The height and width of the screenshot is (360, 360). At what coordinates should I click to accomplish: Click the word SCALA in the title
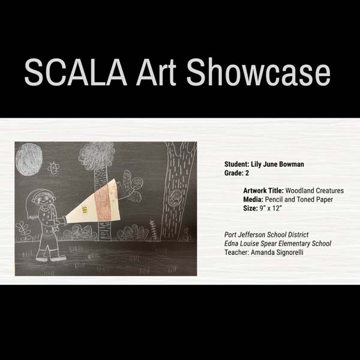coord(76,72)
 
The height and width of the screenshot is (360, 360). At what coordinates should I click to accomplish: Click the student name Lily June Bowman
coord(277,164)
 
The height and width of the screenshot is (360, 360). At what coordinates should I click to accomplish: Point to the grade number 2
coord(247,173)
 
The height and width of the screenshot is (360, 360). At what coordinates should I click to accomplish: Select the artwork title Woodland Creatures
coord(314,191)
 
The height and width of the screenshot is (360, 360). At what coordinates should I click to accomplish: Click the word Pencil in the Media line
coord(274,200)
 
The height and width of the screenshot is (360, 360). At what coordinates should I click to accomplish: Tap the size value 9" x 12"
coord(271,208)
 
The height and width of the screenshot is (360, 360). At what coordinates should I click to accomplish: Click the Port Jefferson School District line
coord(266,235)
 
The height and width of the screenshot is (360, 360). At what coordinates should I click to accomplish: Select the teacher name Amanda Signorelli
coord(277,253)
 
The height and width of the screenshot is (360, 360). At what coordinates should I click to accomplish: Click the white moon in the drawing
coord(29,160)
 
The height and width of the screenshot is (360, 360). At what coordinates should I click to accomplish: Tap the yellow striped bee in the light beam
coord(85,210)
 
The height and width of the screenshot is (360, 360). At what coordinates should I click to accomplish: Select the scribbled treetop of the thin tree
coord(97,155)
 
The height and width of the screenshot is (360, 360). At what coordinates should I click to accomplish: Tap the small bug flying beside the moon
coord(53,169)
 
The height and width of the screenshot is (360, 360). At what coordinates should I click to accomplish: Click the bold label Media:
coord(253,200)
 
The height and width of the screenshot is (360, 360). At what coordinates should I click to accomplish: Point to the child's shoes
coord(51,259)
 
